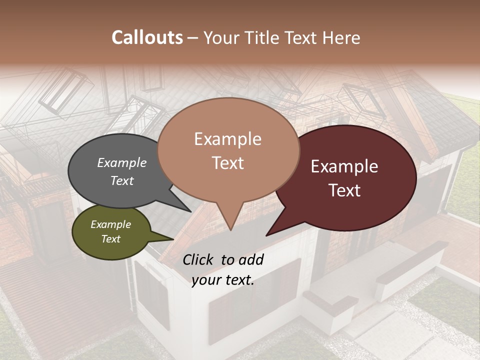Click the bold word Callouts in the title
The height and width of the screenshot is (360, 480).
pos(147,37)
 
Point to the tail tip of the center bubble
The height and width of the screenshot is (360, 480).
pos(230,229)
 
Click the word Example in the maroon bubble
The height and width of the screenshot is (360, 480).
pos(344,166)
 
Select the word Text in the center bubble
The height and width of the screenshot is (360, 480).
pos(228,163)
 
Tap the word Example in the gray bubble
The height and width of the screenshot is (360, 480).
pos(121,162)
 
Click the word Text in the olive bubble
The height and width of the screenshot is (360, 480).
pos(110,239)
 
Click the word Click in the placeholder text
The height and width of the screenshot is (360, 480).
pos(198,259)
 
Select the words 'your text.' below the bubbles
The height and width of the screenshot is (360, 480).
pos(223,280)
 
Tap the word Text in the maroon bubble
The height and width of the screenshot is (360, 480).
pos(345,190)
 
